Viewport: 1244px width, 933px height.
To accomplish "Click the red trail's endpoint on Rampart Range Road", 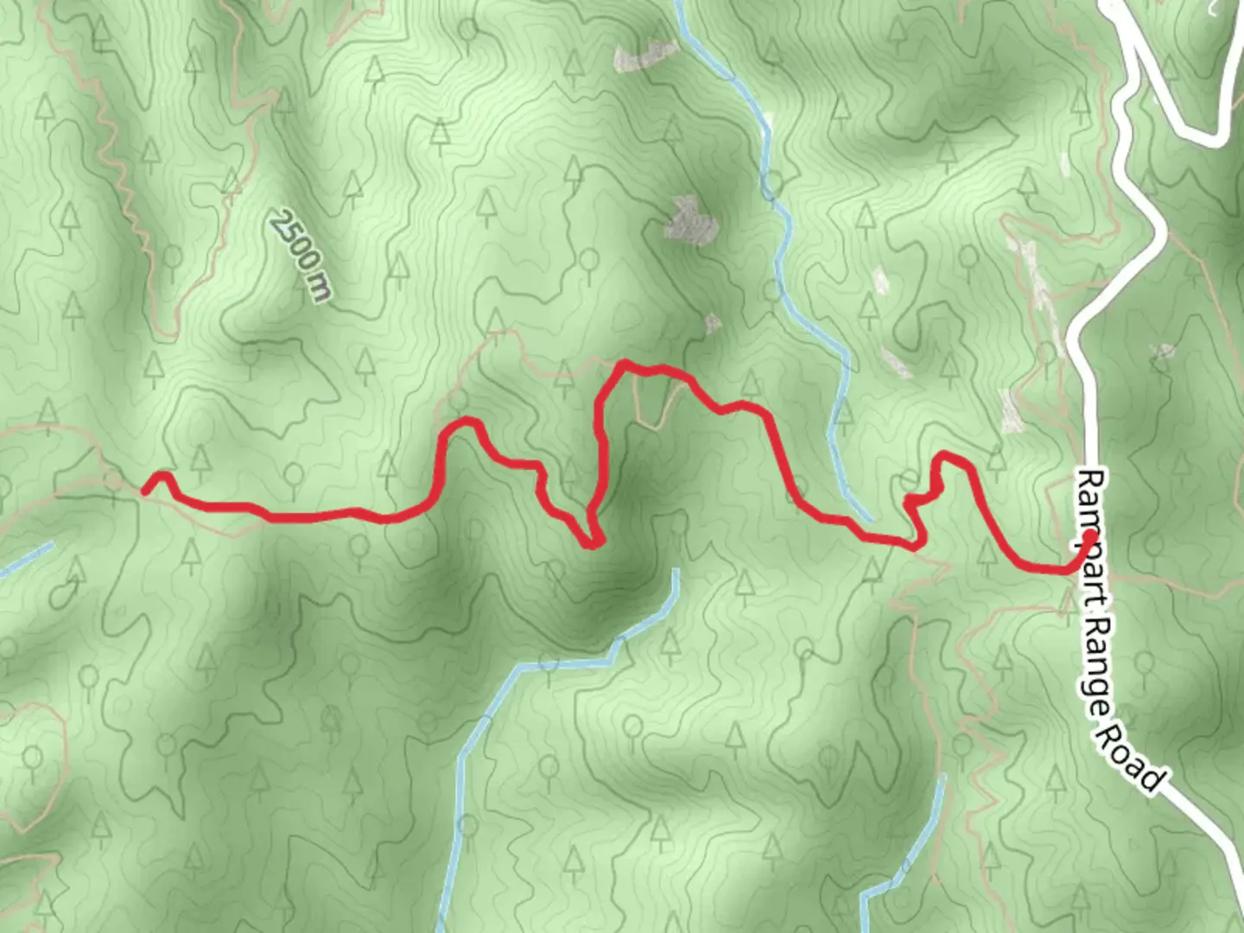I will pyautogui.click(x=1090, y=537).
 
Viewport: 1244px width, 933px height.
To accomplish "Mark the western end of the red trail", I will pyautogui.click(x=145, y=491).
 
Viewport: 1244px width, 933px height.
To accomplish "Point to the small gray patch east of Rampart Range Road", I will pyautogui.click(x=1163, y=352).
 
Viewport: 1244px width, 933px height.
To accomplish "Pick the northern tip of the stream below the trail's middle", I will pyautogui.click(x=675, y=572).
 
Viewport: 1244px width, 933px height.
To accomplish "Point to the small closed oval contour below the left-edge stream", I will pyautogui.click(x=61, y=593).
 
